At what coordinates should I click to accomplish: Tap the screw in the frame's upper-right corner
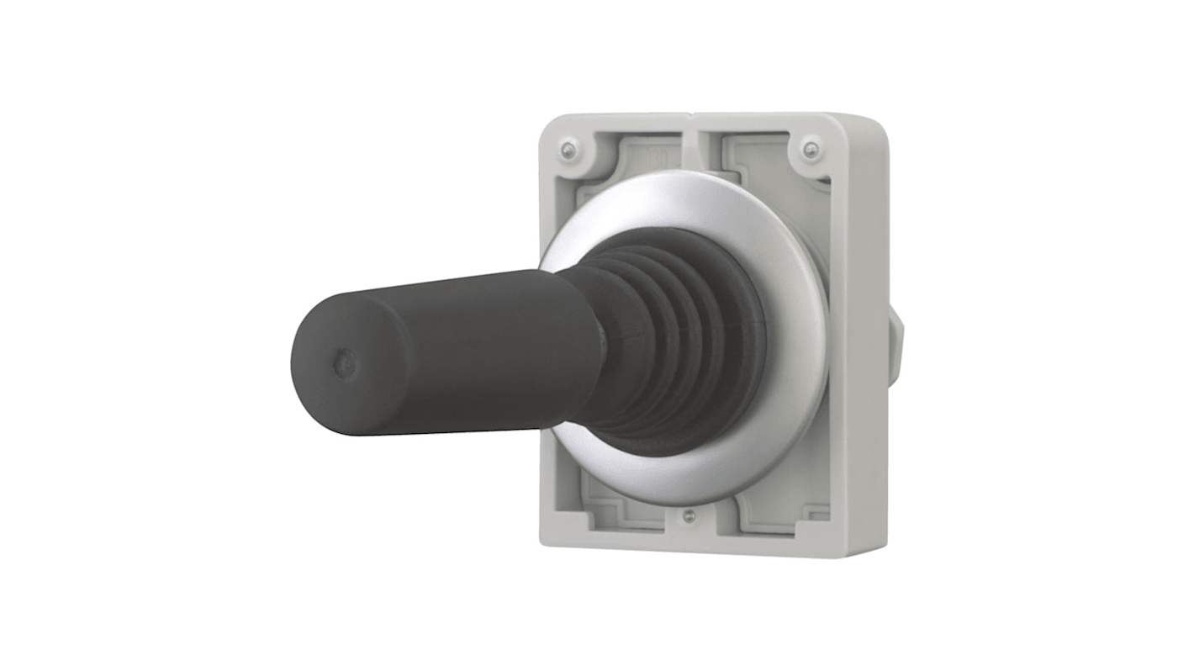[809, 151]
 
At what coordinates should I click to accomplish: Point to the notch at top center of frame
[689, 118]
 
